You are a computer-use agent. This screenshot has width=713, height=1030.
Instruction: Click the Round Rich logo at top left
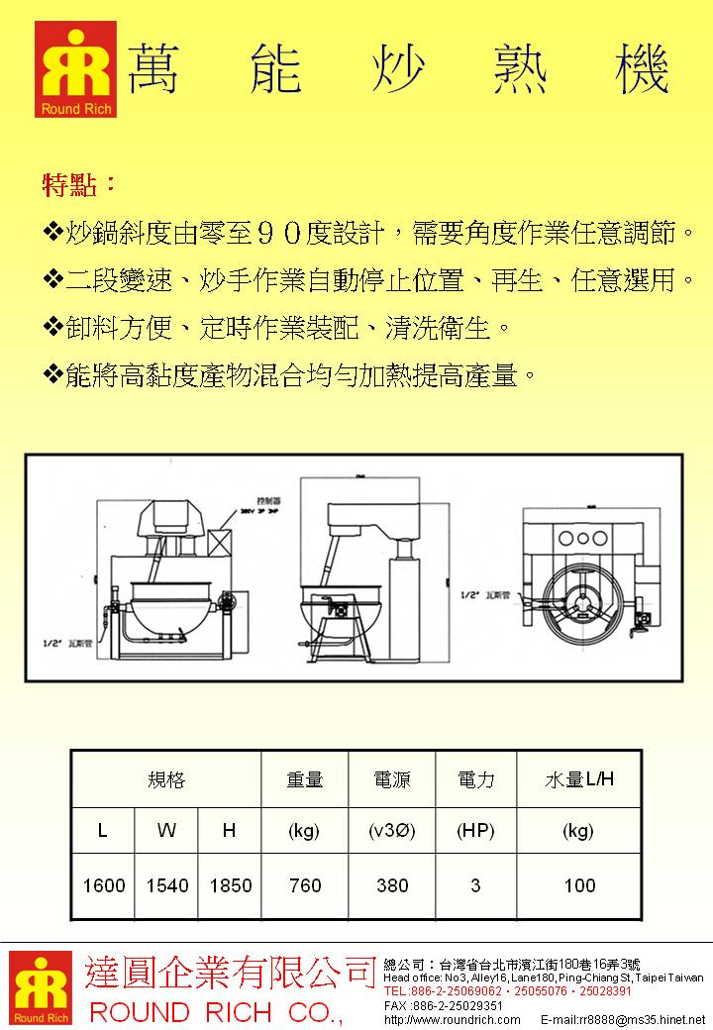(75, 69)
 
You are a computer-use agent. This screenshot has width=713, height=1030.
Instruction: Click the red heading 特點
(79, 184)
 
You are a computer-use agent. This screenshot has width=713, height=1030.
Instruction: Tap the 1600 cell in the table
(104, 885)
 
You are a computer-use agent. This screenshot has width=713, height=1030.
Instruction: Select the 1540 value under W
(166, 885)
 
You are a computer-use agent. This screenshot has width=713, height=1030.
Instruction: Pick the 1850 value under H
(230, 885)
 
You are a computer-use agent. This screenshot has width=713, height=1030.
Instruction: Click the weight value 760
(304, 885)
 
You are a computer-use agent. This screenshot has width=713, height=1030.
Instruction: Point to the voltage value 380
(392, 885)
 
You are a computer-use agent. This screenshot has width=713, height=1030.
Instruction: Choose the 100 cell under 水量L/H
(579, 885)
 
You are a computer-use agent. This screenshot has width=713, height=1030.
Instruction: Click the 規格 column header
(166, 780)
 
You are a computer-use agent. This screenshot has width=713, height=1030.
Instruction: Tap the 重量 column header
(304, 780)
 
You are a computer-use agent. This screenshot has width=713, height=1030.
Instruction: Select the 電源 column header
(392, 780)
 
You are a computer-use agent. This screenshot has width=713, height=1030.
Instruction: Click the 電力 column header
(475, 780)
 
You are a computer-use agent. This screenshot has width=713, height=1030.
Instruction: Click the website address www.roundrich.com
(452, 1019)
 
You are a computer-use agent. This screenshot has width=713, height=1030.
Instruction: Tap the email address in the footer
(623, 1019)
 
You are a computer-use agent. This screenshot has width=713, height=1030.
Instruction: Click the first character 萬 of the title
(154, 69)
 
